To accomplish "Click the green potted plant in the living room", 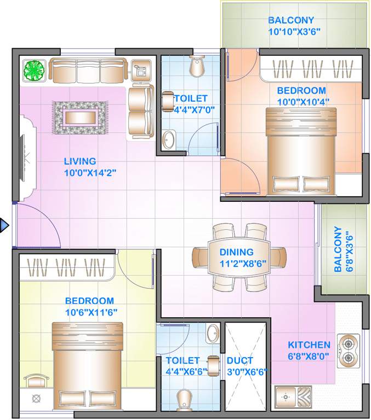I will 35,70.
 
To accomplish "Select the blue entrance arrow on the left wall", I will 4,225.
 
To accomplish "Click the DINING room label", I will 236,252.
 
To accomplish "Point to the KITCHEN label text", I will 309,345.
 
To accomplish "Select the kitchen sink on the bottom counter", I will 292,395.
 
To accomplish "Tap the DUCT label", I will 239,360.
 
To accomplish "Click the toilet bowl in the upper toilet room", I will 196,66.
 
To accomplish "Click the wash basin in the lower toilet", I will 212,332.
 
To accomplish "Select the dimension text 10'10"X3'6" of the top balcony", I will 294,32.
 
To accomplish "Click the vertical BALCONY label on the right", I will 338,249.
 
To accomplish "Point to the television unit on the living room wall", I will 26,159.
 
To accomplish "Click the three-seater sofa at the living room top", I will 88,70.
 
